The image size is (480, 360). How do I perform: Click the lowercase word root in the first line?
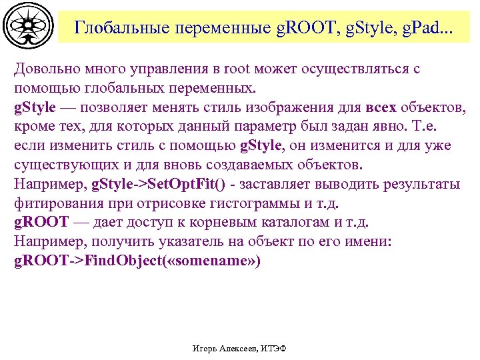click(x=231, y=69)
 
